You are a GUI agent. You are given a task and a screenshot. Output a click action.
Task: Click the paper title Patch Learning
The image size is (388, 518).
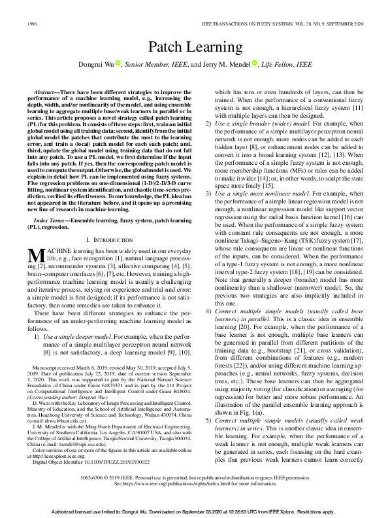tap(193, 47)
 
